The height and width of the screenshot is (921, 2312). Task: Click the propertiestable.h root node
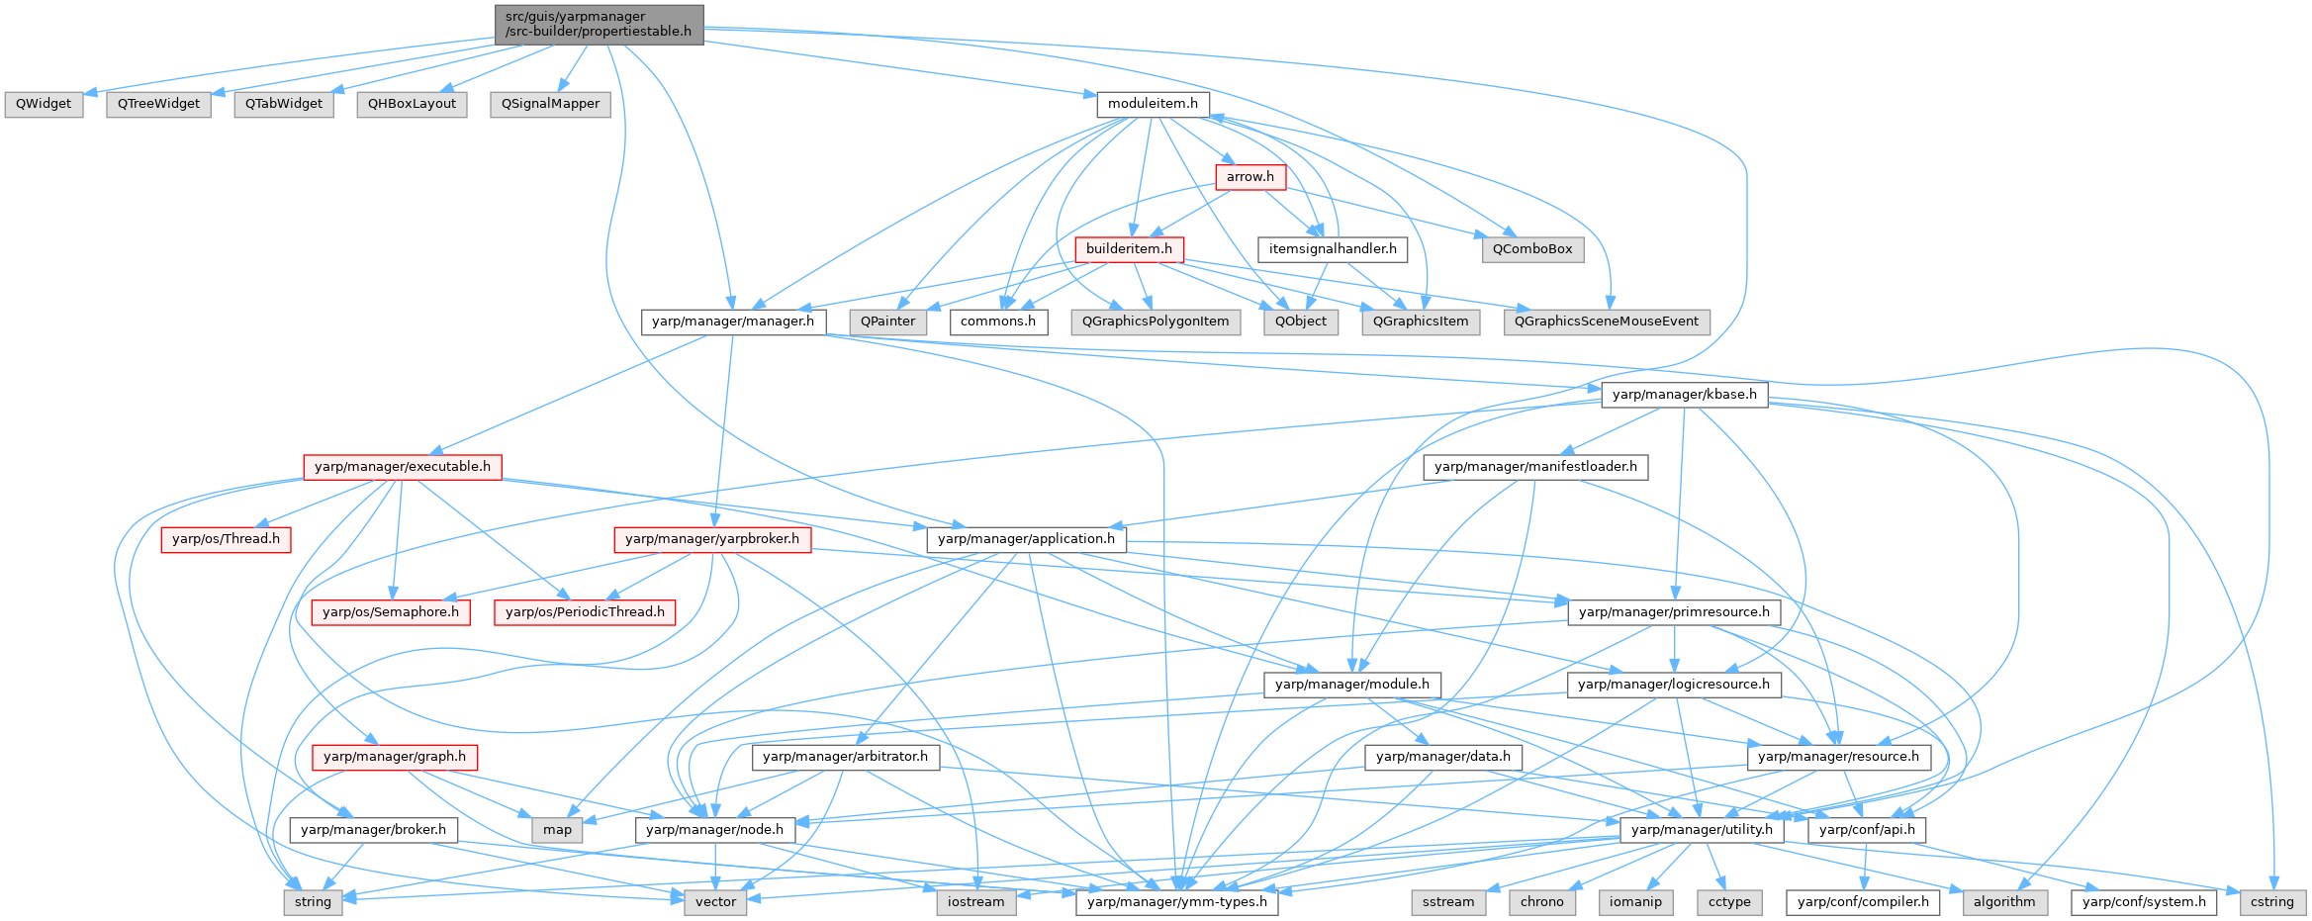[x=599, y=25]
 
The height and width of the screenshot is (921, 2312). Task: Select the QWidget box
[x=44, y=104]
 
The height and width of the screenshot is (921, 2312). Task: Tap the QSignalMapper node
[x=550, y=104]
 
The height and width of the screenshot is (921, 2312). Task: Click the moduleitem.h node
[x=1153, y=104]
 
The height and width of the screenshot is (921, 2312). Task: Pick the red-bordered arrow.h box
[x=1250, y=177]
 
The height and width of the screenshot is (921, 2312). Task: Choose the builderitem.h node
[x=1129, y=249]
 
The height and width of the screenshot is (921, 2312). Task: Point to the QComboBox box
[x=1531, y=249]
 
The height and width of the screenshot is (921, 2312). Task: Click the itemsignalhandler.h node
[x=1333, y=249]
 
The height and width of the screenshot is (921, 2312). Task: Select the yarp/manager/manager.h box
[x=733, y=322]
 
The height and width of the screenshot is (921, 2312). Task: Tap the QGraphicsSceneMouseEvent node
[x=1606, y=322]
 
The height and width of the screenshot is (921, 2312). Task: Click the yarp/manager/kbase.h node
[x=1684, y=395]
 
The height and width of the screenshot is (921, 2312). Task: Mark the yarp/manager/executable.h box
[x=403, y=467]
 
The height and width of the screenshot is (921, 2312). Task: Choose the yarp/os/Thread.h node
[x=226, y=539]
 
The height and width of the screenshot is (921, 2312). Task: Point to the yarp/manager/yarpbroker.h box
[x=712, y=539]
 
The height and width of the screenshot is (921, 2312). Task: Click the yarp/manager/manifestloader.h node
[x=1535, y=467]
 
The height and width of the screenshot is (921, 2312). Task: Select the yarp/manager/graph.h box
[x=395, y=757]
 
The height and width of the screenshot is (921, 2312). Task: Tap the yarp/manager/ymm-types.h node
[x=1176, y=902]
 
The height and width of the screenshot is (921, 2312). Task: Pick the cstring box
[x=2271, y=902]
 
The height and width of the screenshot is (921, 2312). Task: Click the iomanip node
[x=1635, y=902]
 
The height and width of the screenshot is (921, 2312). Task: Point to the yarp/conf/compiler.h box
[x=1863, y=902]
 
